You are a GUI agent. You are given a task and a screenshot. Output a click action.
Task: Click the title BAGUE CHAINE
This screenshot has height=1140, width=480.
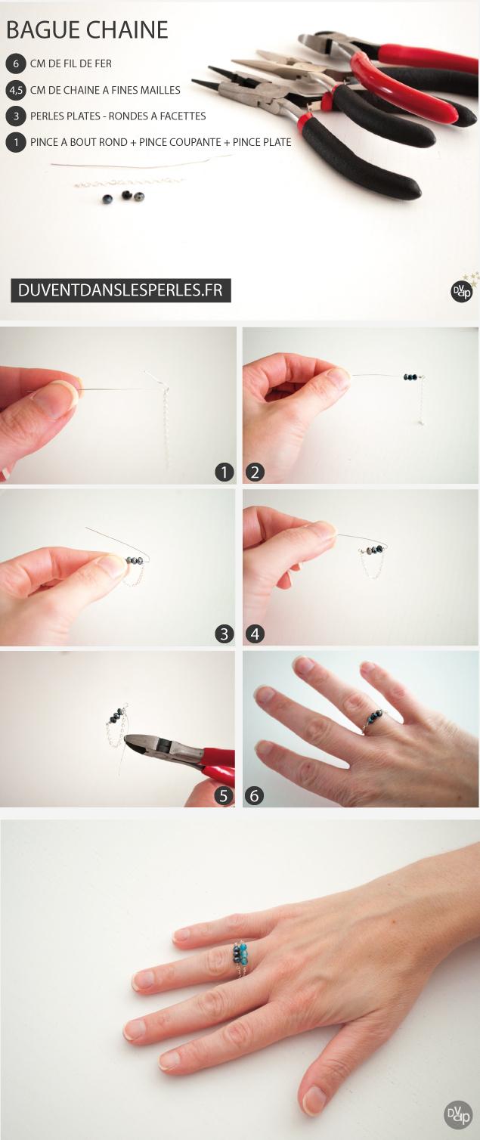pyautogui.click(x=87, y=30)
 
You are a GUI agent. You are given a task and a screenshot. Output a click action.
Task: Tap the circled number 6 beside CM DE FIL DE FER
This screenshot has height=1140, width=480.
pyautogui.click(x=15, y=64)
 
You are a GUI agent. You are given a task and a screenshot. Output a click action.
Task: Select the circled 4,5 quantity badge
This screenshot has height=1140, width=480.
pyautogui.click(x=15, y=90)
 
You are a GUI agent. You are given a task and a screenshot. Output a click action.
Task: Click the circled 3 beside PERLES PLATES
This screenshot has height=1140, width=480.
pyautogui.click(x=15, y=116)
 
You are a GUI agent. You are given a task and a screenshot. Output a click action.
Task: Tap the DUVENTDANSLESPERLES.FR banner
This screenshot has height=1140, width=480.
pyautogui.click(x=120, y=290)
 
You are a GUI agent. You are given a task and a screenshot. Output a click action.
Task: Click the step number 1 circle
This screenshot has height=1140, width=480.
pyautogui.click(x=224, y=472)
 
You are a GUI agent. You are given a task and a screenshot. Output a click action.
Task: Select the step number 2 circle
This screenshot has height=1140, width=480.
pyautogui.click(x=255, y=472)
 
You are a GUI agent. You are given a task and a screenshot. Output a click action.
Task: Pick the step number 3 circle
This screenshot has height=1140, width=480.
pyautogui.click(x=224, y=634)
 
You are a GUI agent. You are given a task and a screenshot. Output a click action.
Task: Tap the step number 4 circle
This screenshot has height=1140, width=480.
pyautogui.click(x=255, y=634)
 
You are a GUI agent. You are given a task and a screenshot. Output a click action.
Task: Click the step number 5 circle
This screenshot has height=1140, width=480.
pyautogui.click(x=224, y=795)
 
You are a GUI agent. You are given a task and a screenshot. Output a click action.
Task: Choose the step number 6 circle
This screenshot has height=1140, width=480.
pyautogui.click(x=255, y=795)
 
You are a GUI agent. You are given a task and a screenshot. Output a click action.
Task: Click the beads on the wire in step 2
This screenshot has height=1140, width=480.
pyautogui.click(x=410, y=376)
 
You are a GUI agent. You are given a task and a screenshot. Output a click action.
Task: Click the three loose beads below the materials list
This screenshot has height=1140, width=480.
pyautogui.click(x=124, y=197)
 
